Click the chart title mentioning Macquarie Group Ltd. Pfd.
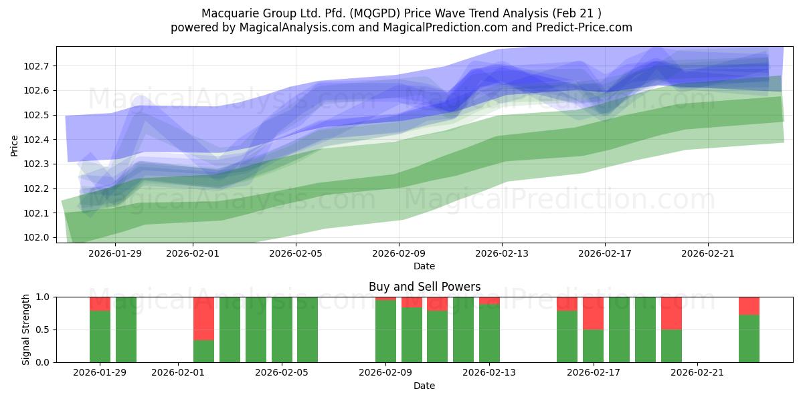pos(401,13)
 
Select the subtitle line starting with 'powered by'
pos(401,27)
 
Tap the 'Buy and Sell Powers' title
pos(424,287)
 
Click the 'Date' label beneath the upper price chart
pos(424,266)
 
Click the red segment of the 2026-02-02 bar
pos(203,318)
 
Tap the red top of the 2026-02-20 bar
pos(671,313)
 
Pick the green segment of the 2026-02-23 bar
pos(749,338)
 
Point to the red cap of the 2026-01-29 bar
pos(100,303)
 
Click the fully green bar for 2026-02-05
pos(282,329)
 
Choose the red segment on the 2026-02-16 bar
pos(567,303)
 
